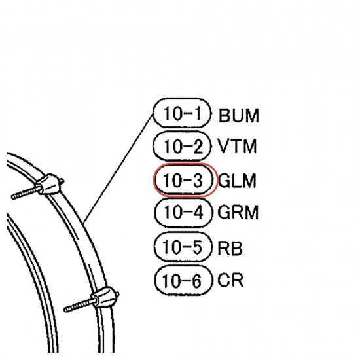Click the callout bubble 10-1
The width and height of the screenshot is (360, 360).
click(182, 113)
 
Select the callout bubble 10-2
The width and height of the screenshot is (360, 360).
click(181, 146)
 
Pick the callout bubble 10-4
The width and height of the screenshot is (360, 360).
click(183, 212)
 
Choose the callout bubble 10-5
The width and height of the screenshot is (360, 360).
click(183, 247)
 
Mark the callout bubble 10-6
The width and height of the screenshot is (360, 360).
click(183, 280)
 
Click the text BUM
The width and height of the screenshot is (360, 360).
click(239, 116)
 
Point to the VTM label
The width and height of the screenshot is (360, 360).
click(237, 146)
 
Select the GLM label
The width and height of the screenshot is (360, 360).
click(237, 181)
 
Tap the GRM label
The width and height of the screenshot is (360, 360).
click(238, 212)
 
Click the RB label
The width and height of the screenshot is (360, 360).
click(230, 248)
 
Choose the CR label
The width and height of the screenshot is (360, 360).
click(230, 279)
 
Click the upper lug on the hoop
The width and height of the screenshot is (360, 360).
click(48, 185)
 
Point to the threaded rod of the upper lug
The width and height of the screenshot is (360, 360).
click(26, 193)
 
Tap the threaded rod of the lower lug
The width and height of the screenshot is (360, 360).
click(79, 305)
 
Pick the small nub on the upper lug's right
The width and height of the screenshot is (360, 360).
click(62, 181)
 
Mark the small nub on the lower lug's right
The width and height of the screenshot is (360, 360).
click(117, 294)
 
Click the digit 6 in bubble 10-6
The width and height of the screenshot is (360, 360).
click(196, 281)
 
